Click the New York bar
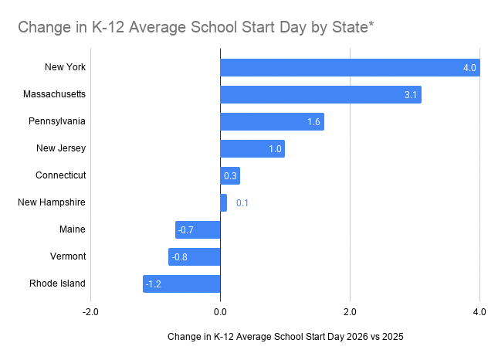point(350,67)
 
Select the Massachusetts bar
point(320,94)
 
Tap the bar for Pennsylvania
point(272,121)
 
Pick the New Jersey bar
point(252,148)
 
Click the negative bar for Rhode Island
point(181,284)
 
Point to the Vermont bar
point(195,256)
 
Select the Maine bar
point(198,229)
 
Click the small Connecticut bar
point(230,175)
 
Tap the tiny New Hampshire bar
point(224,202)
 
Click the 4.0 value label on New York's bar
point(469,68)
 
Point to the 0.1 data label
point(242,203)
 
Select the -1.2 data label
point(154,284)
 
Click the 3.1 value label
point(411,95)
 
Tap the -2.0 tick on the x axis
point(90,312)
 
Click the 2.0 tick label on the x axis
point(350,312)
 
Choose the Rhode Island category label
point(57,284)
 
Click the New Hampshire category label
point(52,202)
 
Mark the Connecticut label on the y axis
point(60,175)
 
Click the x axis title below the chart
point(285,337)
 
